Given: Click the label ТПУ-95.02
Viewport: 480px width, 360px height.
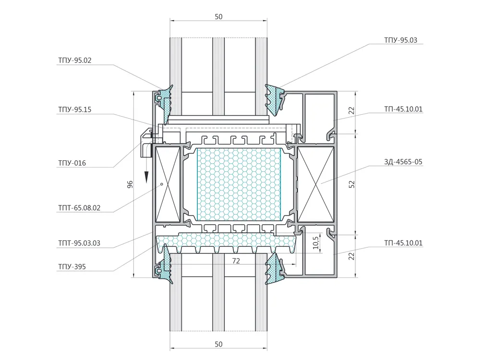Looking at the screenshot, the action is click(75, 60).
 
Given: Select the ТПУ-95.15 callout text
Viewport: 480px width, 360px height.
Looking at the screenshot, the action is click(75, 109).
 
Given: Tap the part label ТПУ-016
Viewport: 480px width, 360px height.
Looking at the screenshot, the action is click(72, 163).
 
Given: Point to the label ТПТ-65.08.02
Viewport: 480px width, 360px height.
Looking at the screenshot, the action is click(79, 208).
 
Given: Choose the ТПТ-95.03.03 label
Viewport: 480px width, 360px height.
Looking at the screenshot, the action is click(79, 243).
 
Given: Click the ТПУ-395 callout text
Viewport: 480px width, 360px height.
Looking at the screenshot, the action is click(72, 266).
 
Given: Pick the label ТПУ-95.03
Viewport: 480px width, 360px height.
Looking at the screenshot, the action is click(401, 40).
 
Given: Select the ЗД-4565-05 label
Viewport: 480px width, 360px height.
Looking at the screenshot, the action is click(403, 162).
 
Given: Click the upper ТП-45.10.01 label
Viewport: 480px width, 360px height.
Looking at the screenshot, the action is click(403, 109).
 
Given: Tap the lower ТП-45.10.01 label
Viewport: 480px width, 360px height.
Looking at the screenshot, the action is click(403, 243).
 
